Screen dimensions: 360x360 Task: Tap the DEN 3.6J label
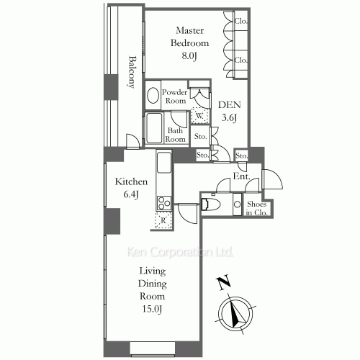pyautogui.click(x=230, y=111)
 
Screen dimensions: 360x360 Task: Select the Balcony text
pyautogui.click(x=132, y=72)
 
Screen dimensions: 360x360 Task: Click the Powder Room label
pyautogui.click(x=175, y=96)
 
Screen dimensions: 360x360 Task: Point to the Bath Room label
pyautogui.click(x=175, y=135)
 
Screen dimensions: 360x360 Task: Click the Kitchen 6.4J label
pyautogui.click(x=131, y=188)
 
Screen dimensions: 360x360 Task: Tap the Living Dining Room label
pyautogui.click(x=152, y=290)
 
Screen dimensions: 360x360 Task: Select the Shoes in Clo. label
pyautogui.click(x=256, y=208)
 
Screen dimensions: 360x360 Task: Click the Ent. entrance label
pyautogui.click(x=242, y=176)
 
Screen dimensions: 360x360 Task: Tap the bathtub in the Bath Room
pyautogui.click(x=154, y=128)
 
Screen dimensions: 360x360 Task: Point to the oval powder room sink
pyautogui.click(x=153, y=96)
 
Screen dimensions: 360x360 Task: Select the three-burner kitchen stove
pyautogui.click(x=164, y=203)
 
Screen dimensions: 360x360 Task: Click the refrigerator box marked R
pyautogui.click(x=163, y=220)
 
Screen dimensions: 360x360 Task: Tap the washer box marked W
pyautogui.click(x=200, y=116)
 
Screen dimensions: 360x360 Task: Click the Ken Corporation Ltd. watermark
pyautogui.click(x=180, y=252)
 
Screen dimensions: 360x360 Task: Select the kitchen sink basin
pyautogui.click(x=164, y=162)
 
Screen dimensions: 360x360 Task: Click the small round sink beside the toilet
pyautogui.click(x=238, y=204)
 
